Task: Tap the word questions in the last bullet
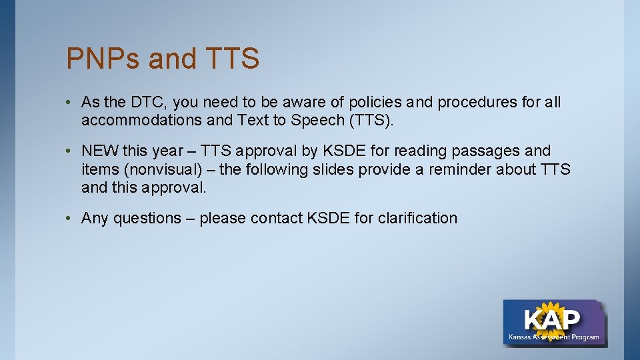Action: click(147, 218)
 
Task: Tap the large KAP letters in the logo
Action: click(552, 319)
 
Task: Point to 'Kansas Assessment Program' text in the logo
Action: click(553, 337)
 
